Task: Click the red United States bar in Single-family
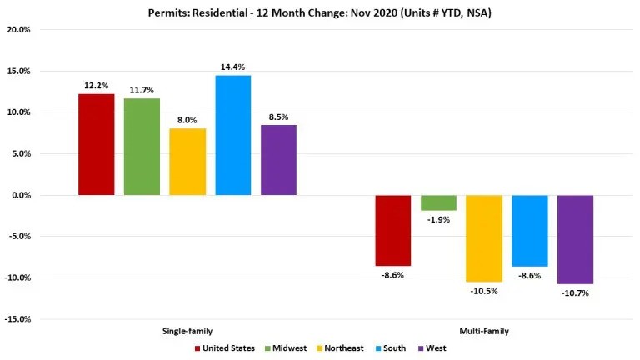96,144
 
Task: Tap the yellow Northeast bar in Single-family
187,162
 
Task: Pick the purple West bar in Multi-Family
575,239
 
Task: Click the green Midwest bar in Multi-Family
438,202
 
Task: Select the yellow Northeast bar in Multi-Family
484,238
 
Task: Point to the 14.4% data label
232,67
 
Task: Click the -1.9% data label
438,219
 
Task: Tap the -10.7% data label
575,292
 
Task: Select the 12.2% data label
96,85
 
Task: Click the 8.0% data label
187,119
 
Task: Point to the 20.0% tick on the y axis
18,30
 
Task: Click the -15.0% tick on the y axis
18,318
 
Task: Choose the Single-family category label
187,331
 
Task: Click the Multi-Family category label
483,331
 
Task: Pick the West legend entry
436,348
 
